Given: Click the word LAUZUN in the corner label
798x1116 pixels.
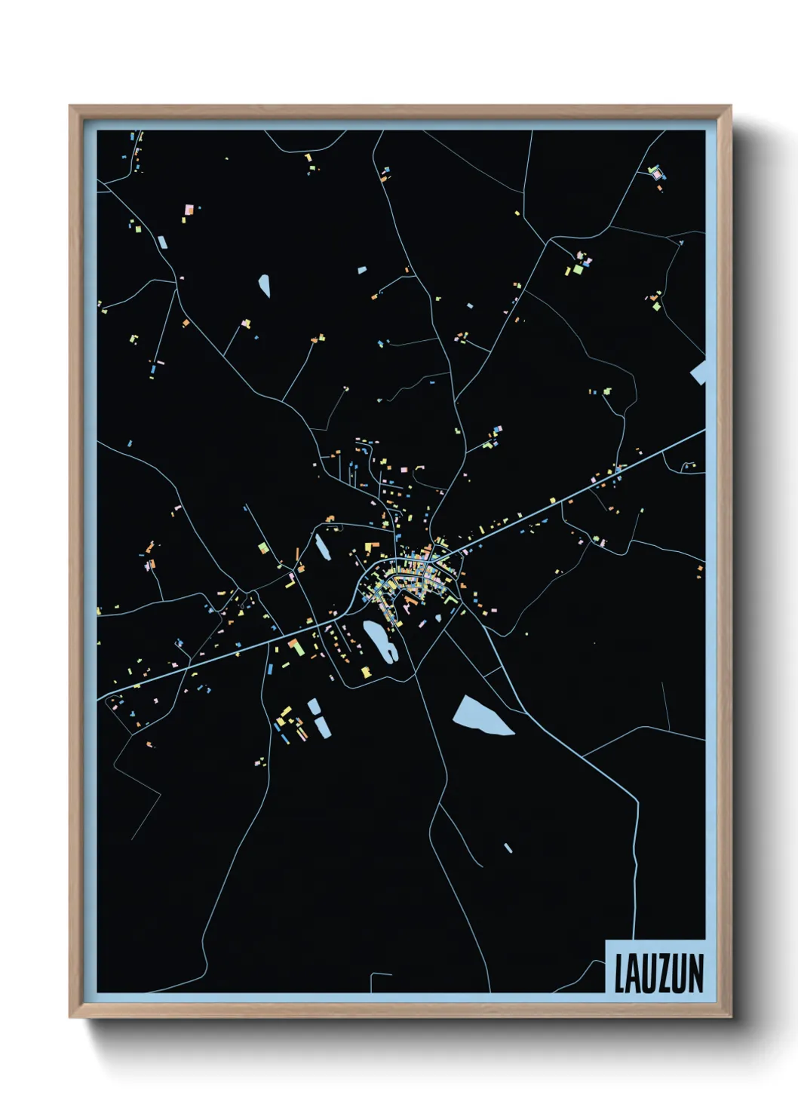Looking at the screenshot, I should [658, 973].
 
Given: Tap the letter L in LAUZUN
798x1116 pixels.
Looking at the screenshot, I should [619, 973].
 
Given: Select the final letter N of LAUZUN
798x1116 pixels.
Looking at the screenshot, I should [696, 973].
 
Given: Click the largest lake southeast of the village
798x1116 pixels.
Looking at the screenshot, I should [480, 716].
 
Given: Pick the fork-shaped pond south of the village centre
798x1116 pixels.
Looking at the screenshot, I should [378, 640].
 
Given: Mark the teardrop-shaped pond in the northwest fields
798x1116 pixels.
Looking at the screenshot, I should [265, 284].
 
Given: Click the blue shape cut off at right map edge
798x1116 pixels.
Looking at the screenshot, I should [698, 373].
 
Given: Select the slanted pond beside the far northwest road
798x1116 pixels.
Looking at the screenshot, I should [162, 242].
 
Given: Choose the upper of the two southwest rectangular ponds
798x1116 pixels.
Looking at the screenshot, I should [313, 707].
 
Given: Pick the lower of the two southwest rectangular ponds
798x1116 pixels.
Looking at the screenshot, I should [322, 726].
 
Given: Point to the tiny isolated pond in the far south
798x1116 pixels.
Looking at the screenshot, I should [508, 848].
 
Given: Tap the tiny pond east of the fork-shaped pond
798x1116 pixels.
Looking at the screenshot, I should [438, 618].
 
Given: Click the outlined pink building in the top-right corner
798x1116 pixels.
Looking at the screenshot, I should [655, 173].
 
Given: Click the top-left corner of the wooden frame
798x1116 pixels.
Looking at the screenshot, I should [71, 106].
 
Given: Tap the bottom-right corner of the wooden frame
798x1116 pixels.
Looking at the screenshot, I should [730, 1017].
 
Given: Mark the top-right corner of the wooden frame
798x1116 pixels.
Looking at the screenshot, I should [730, 106].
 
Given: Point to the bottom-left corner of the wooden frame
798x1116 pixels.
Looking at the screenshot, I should [71, 1017].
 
